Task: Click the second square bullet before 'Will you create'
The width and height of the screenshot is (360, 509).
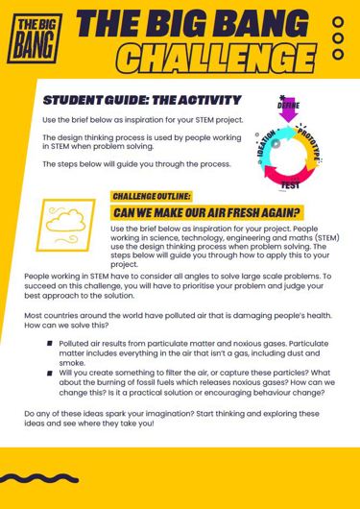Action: click(48, 372)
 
